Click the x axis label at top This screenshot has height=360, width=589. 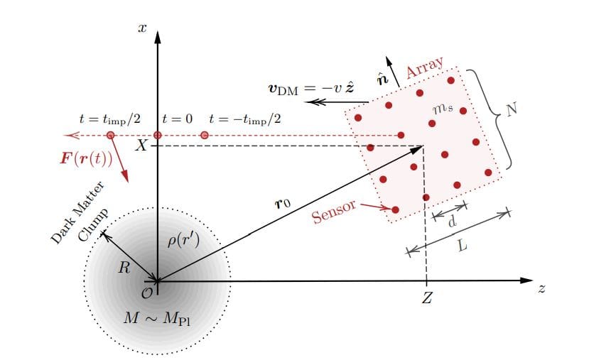coord(142,28)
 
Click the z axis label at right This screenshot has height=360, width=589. coord(541,290)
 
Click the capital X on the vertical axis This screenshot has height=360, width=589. coord(142,146)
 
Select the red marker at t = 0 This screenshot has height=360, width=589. coord(158,135)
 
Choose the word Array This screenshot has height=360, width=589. coord(425,69)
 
